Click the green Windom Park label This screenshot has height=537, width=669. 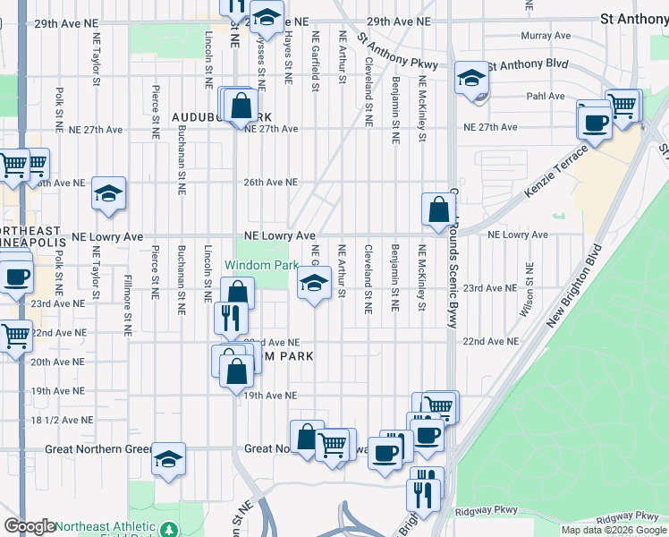pyautogui.click(x=260, y=265)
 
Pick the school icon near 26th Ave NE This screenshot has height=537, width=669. pyautogui.click(x=108, y=193)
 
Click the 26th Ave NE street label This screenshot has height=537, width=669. pyautogui.click(x=270, y=182)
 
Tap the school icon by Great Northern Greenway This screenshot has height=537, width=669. pyautogui.click(x=168, y=460)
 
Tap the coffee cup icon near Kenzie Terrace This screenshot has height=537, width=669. pyautogui.click(x=595, y=122)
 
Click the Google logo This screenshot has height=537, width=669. pyautogui.click(x=30, y=526)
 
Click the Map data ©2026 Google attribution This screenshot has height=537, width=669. pyautogui.click(x=613, y=530)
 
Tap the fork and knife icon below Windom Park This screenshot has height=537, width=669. pyautogui.click(x=231, y=317)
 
